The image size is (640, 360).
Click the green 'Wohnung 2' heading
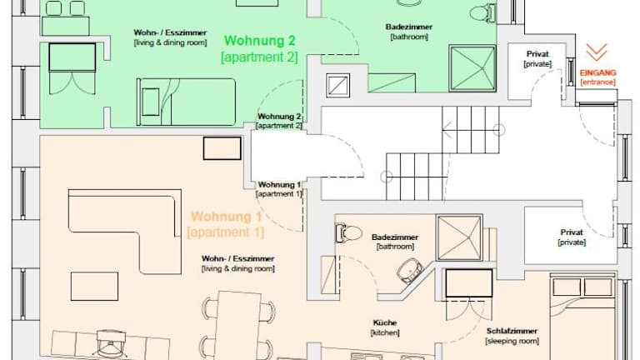(x=260, y=41)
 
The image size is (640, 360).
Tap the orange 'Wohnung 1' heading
(x=226, y=217)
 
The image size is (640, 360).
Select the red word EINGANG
(x=598, y=73)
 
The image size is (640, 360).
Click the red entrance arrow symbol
(x=597, y=52)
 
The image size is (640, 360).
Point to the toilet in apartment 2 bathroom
(x=482, y=13)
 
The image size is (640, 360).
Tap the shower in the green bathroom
(x=472, y=67)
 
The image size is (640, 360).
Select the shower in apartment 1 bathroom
(x=459, y=237)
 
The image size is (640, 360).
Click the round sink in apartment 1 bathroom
(x=410, y=270)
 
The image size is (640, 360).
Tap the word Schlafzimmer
(x=512, y=331)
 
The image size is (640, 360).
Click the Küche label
(x=385, y=322)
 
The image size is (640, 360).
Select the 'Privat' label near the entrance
(x=537, y=54)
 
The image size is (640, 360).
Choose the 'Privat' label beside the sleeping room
(x=572, y=232)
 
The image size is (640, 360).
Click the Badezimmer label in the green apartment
(x=409, y=27)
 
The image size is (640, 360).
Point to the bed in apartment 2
(x=186, y=102)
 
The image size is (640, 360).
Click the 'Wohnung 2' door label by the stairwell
(x=279, y=117)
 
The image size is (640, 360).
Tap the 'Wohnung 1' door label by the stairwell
(x=279, y=185)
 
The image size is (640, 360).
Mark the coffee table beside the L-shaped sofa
(x=94, y=287)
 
